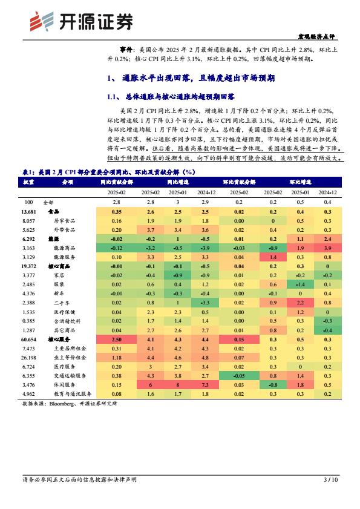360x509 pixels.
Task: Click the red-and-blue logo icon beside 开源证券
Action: coord(42,21)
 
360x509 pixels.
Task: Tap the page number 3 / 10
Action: coord(330,479)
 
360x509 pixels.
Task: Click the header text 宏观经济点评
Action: coord(316,36)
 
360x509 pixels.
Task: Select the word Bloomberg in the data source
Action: coord(61,404)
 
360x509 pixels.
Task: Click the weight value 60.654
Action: coord(29,340)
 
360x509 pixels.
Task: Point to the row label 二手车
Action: coord(62,303)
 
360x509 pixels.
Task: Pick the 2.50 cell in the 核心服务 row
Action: coord(117,340)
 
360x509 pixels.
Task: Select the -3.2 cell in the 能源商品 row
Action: coord(150,248)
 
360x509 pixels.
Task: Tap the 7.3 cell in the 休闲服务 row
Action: coord(205,385)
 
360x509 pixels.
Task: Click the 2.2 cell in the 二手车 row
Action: coord(300,303)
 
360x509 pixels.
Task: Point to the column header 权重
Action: coord(28,182)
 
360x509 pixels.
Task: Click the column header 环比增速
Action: coord(300,182)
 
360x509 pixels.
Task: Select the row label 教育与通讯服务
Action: coord(73,394)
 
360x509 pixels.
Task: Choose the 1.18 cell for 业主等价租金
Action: coord(117,358)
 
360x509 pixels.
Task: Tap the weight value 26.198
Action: coord(29,358)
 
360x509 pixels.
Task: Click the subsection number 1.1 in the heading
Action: coord(112,97)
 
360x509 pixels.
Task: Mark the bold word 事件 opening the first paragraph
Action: coord(126,50)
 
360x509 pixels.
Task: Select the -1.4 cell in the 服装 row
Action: coord(300,284)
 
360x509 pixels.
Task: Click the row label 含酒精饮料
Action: coord(67,321)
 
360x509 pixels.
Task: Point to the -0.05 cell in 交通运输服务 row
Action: coord(239,376)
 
